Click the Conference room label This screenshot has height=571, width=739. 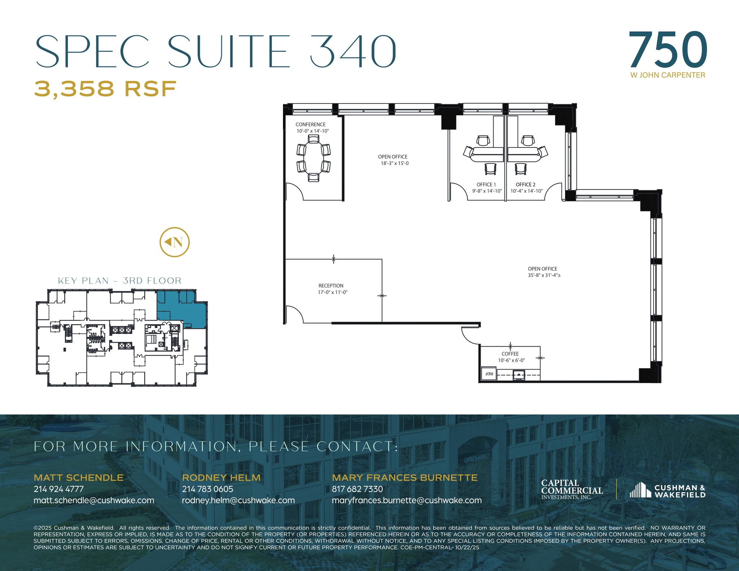click(310, 124)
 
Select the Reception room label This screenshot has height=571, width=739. click(331, 286)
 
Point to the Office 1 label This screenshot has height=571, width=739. click(486, 185)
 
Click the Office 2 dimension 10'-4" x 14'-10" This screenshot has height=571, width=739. click(526, 191)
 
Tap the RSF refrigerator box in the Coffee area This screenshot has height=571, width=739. click(489, 374)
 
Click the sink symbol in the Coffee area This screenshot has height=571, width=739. click(519, 375)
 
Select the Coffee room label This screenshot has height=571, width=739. click(510, 354)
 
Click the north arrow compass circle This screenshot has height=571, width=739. click(175, 242)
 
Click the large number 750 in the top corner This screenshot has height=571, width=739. click(668, 50)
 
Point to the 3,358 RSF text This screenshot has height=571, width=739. click(105, 89)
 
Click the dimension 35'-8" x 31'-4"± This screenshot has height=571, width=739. click(544, 275)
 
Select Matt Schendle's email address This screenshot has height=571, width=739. click(94, 500)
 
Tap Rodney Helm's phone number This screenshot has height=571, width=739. click(207, 489)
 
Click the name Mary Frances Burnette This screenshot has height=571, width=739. click(405, 478)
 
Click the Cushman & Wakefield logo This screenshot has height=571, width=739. click(667, 491)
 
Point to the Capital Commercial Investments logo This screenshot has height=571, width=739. click(572, 489)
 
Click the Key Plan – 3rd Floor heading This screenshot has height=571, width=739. click(119, 281)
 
